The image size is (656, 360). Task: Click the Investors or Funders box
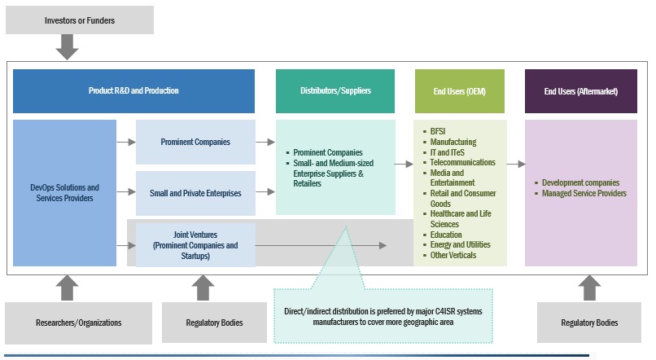point(79,20)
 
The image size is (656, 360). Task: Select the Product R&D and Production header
point(133,90)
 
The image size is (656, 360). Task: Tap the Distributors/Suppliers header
point(335,90)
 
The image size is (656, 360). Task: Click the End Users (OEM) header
point(459,90)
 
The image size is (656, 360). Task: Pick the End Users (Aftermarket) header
point(580,90)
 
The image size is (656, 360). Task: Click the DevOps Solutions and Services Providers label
point(64,193)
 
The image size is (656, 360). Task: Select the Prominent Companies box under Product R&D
point(195,142)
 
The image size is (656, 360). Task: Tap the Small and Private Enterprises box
point(195,193)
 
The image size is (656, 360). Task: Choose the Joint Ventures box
point(195,244)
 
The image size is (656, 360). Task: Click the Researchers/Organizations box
point(79,323)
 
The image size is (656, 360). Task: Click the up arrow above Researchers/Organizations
point(67,288)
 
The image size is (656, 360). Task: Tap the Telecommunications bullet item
point(462,162)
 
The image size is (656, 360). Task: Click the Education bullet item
point(446,235)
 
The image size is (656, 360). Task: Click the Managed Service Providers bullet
point(584,193)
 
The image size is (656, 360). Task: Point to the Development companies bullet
point(580,182)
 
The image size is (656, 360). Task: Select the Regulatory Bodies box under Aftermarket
point(589,323)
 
